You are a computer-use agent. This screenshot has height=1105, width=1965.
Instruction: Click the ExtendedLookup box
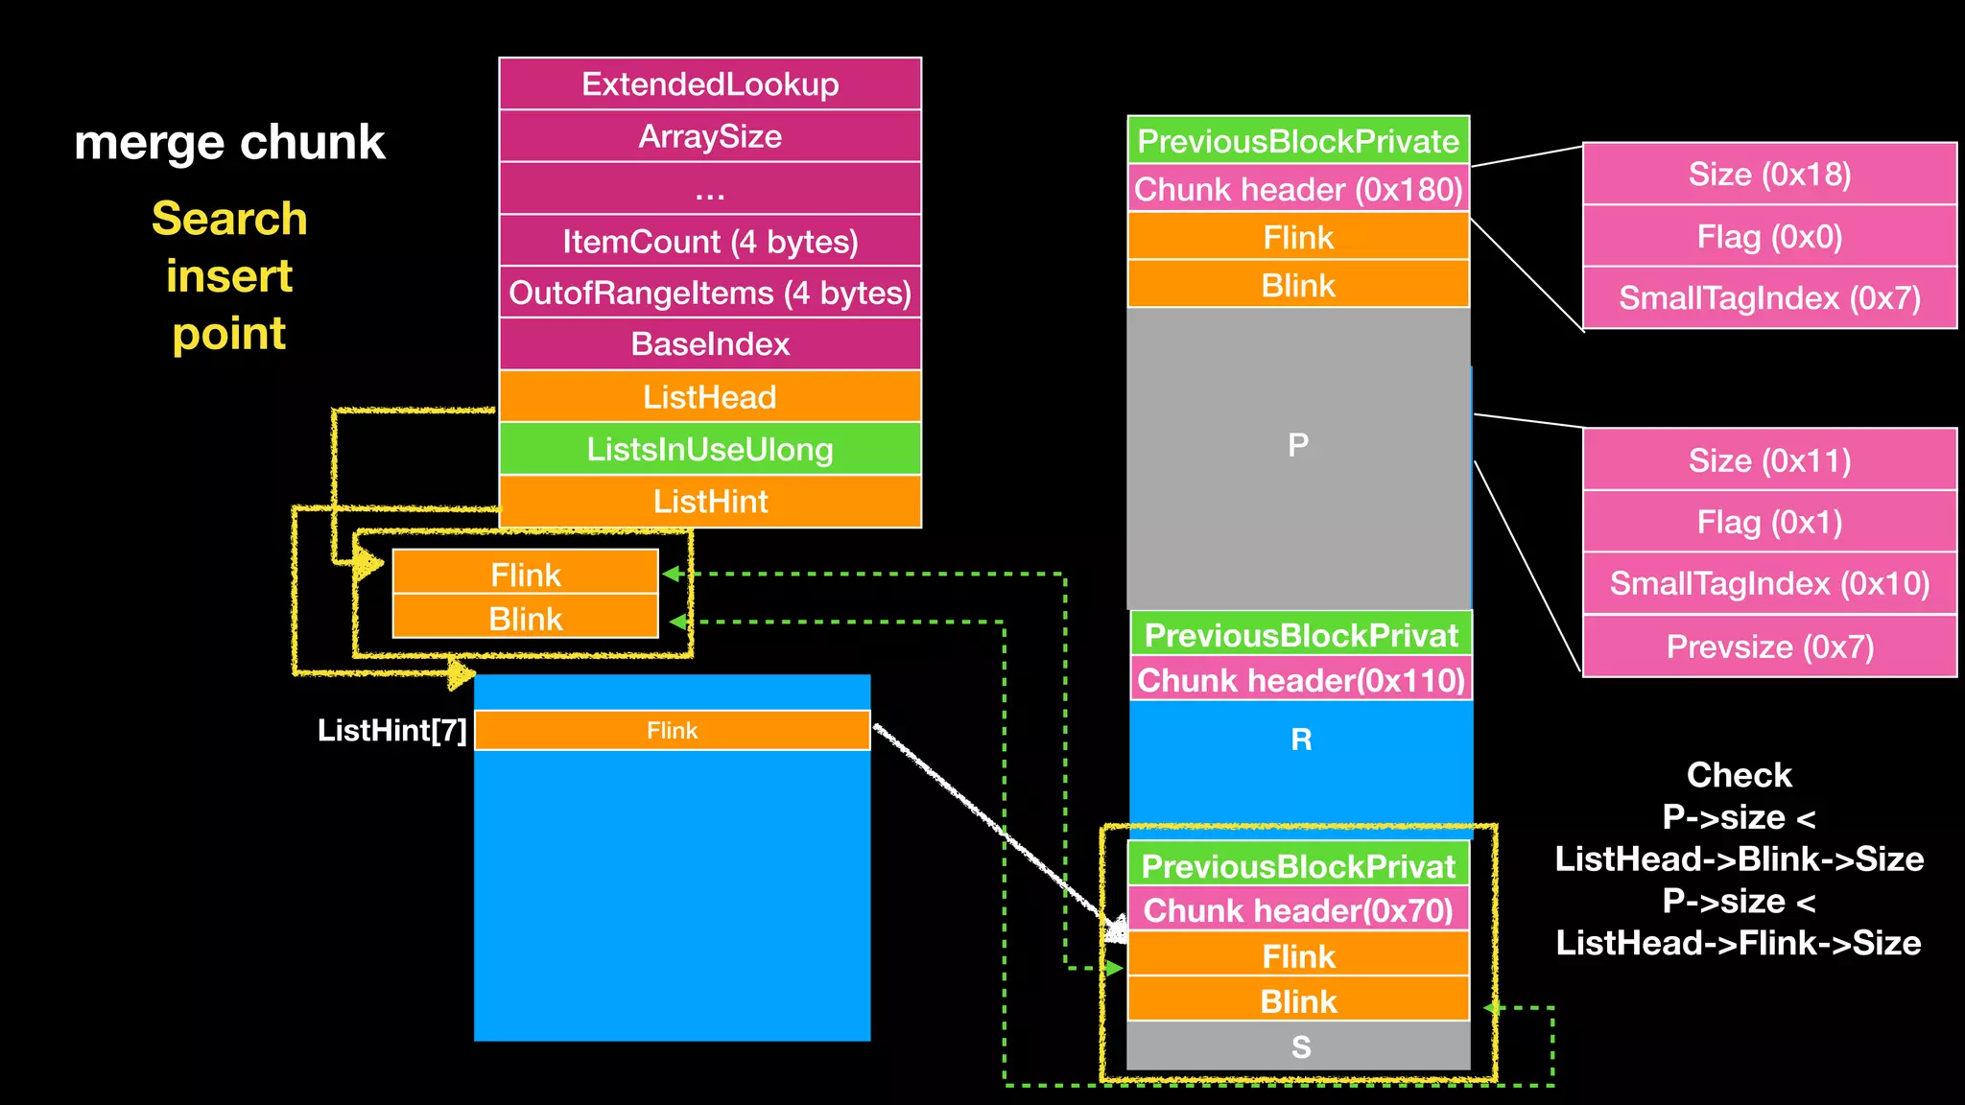710,84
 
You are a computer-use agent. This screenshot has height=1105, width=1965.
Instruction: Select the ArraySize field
710,136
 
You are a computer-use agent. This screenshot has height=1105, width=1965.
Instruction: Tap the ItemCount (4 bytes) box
710,241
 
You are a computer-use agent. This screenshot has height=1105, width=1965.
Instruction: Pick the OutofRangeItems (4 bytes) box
710,293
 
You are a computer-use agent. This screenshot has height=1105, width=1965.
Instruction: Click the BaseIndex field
710,344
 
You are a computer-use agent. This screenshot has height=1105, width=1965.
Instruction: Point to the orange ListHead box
710,396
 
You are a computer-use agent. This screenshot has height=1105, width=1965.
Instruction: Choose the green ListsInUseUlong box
710,449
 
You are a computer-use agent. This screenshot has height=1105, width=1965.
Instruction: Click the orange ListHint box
710,501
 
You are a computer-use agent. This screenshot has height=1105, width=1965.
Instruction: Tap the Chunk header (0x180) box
1298,190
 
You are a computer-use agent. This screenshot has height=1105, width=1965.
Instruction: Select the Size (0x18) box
1769,175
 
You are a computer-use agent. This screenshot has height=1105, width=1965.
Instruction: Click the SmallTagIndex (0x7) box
1769,298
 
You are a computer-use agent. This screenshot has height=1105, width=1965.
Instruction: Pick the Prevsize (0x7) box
1769,647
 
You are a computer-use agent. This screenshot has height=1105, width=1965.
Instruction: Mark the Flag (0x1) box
1769,522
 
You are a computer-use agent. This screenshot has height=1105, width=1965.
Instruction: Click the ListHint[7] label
391,731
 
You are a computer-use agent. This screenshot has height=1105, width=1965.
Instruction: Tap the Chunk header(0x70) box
1298,910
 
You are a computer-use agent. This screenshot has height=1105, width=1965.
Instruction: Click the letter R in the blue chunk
1301,740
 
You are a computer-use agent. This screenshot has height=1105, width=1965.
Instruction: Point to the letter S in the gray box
1300,1046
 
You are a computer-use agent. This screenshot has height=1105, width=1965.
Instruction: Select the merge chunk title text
229,142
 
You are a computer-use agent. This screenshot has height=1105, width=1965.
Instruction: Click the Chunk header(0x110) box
1301,680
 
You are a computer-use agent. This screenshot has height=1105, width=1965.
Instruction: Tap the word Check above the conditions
1739,774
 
